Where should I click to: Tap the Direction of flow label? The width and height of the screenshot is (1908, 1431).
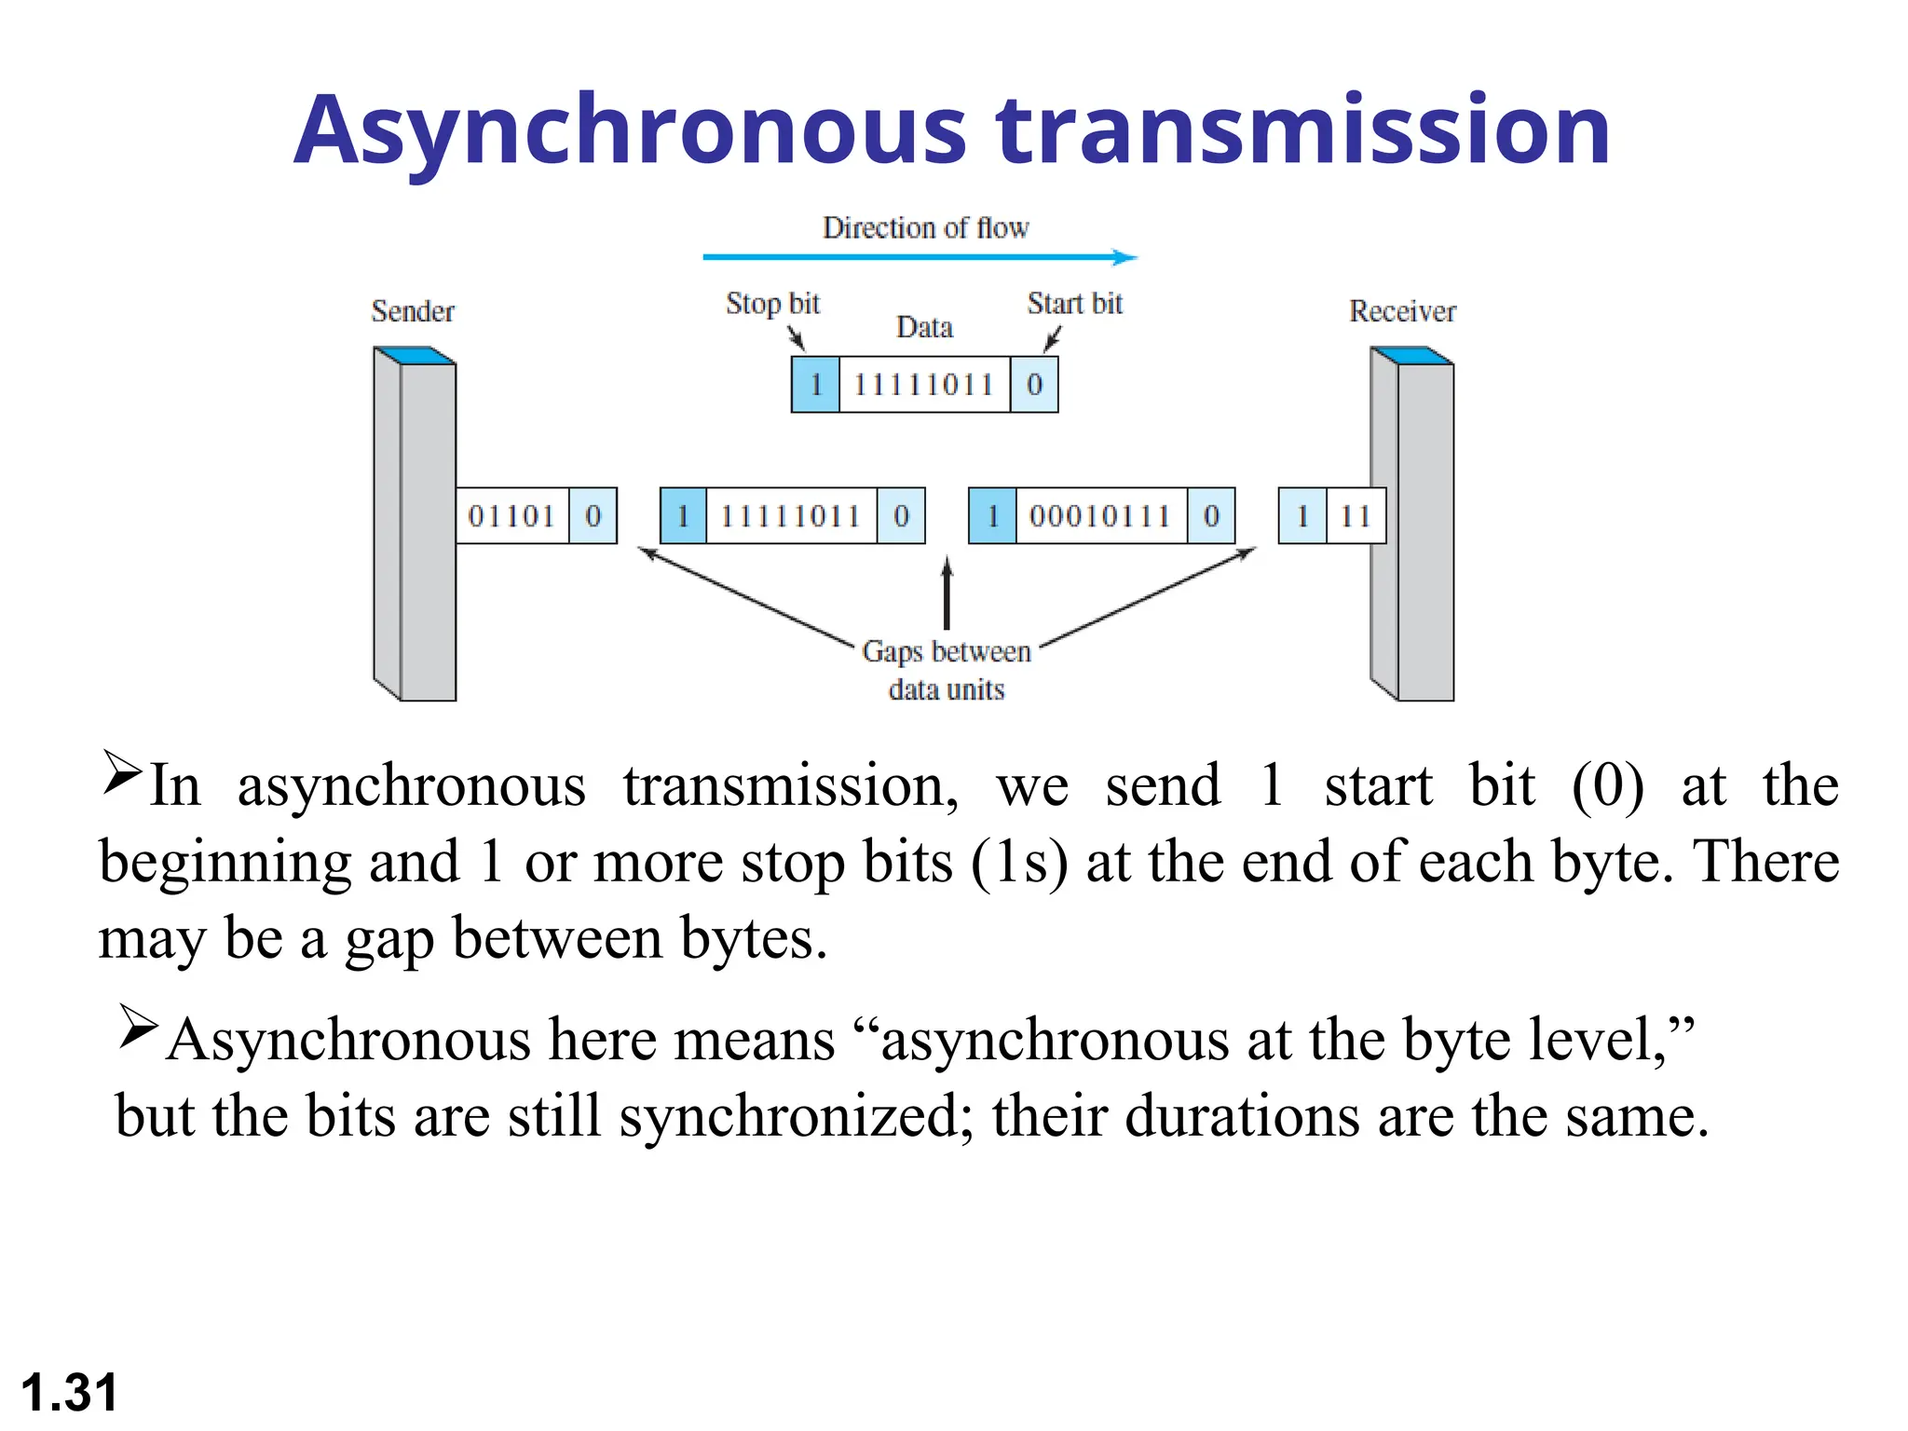click(x=925, y=228)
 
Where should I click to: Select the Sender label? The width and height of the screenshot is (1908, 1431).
click(x=413, y=311)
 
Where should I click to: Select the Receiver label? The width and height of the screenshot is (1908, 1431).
click(x=1402, y=311)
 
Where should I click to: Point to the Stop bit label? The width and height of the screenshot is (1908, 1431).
click(x=772, y=304)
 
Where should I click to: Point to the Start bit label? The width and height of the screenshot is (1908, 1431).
click(x=1074, y=304)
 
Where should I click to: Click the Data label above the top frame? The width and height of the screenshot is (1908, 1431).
click(x=924, y=328)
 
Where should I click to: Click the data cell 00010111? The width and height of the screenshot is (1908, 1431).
click(x=1100, y=516)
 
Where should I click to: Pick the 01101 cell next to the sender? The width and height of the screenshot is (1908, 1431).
click(x=511, y=516)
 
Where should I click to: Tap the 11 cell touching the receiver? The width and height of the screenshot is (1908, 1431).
click(x=1356, y=516)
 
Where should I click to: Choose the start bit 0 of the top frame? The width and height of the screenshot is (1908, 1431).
click(x=1034, y=385)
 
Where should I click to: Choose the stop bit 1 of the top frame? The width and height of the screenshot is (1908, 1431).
click(x=816, y=385)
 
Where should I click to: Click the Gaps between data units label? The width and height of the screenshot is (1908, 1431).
click(x=947, y=670)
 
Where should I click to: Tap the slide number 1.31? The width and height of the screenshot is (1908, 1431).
click(x=69, y=1393)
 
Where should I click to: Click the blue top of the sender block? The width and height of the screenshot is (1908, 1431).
click(x=415, y=355)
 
